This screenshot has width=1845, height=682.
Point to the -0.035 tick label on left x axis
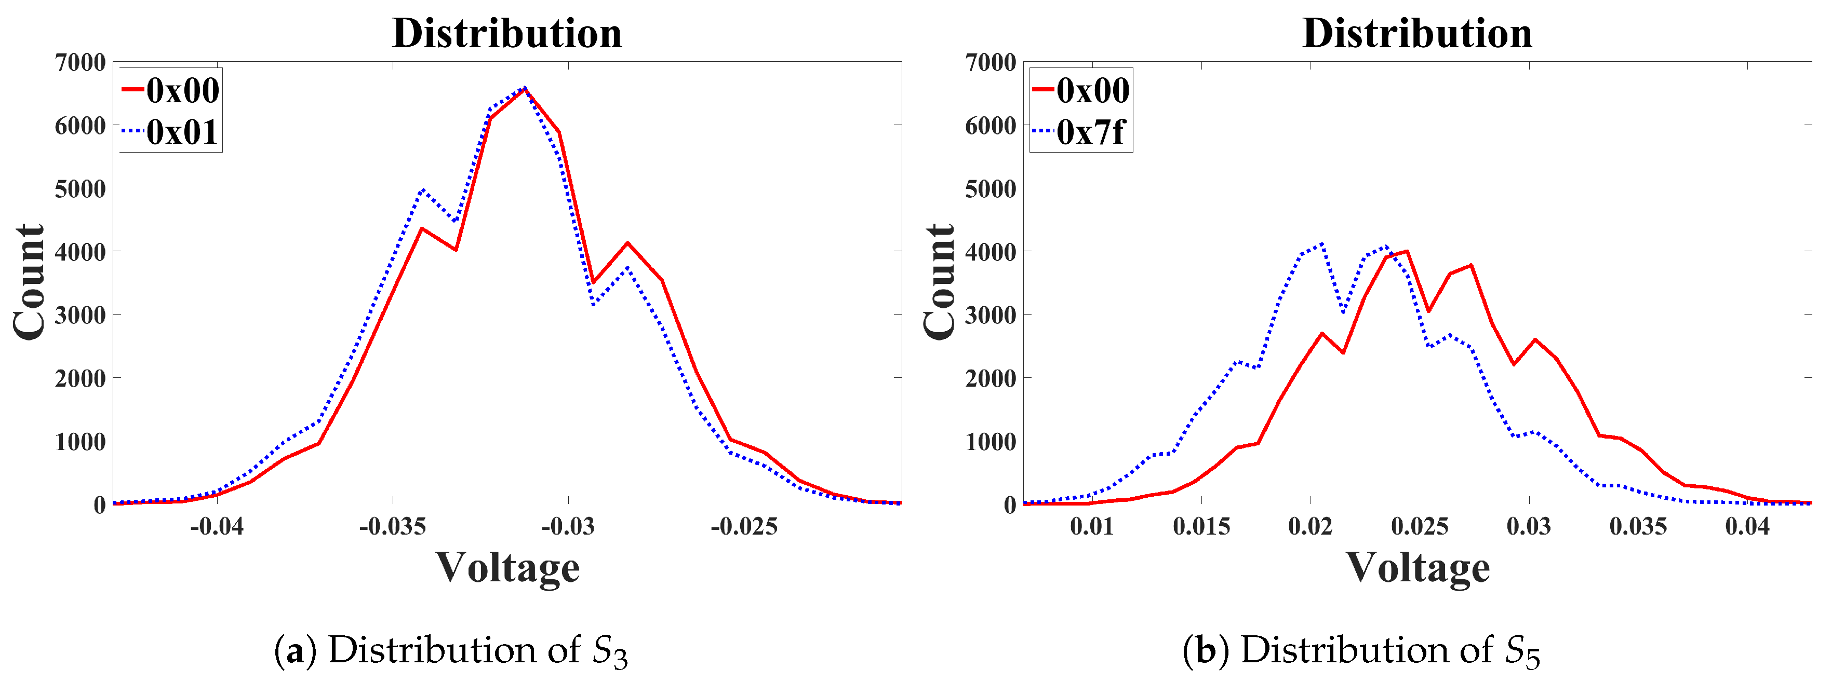[393, 527]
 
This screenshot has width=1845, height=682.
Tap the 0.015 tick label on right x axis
[1201, 527]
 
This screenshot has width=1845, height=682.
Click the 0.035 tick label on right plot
[1638, 527]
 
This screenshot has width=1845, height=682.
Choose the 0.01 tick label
[1091, 527]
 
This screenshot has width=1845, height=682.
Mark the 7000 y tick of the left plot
[80, 62]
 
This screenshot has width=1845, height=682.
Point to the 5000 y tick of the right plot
[991, 189]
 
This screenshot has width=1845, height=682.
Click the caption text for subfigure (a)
[451, 650]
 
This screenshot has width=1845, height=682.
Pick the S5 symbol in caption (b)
[1521, 651]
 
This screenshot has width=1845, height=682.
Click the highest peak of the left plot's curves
[525, 88]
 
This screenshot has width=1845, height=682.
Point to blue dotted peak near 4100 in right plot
[1321, 243]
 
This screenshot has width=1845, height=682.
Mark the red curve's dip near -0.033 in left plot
[456, 249]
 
